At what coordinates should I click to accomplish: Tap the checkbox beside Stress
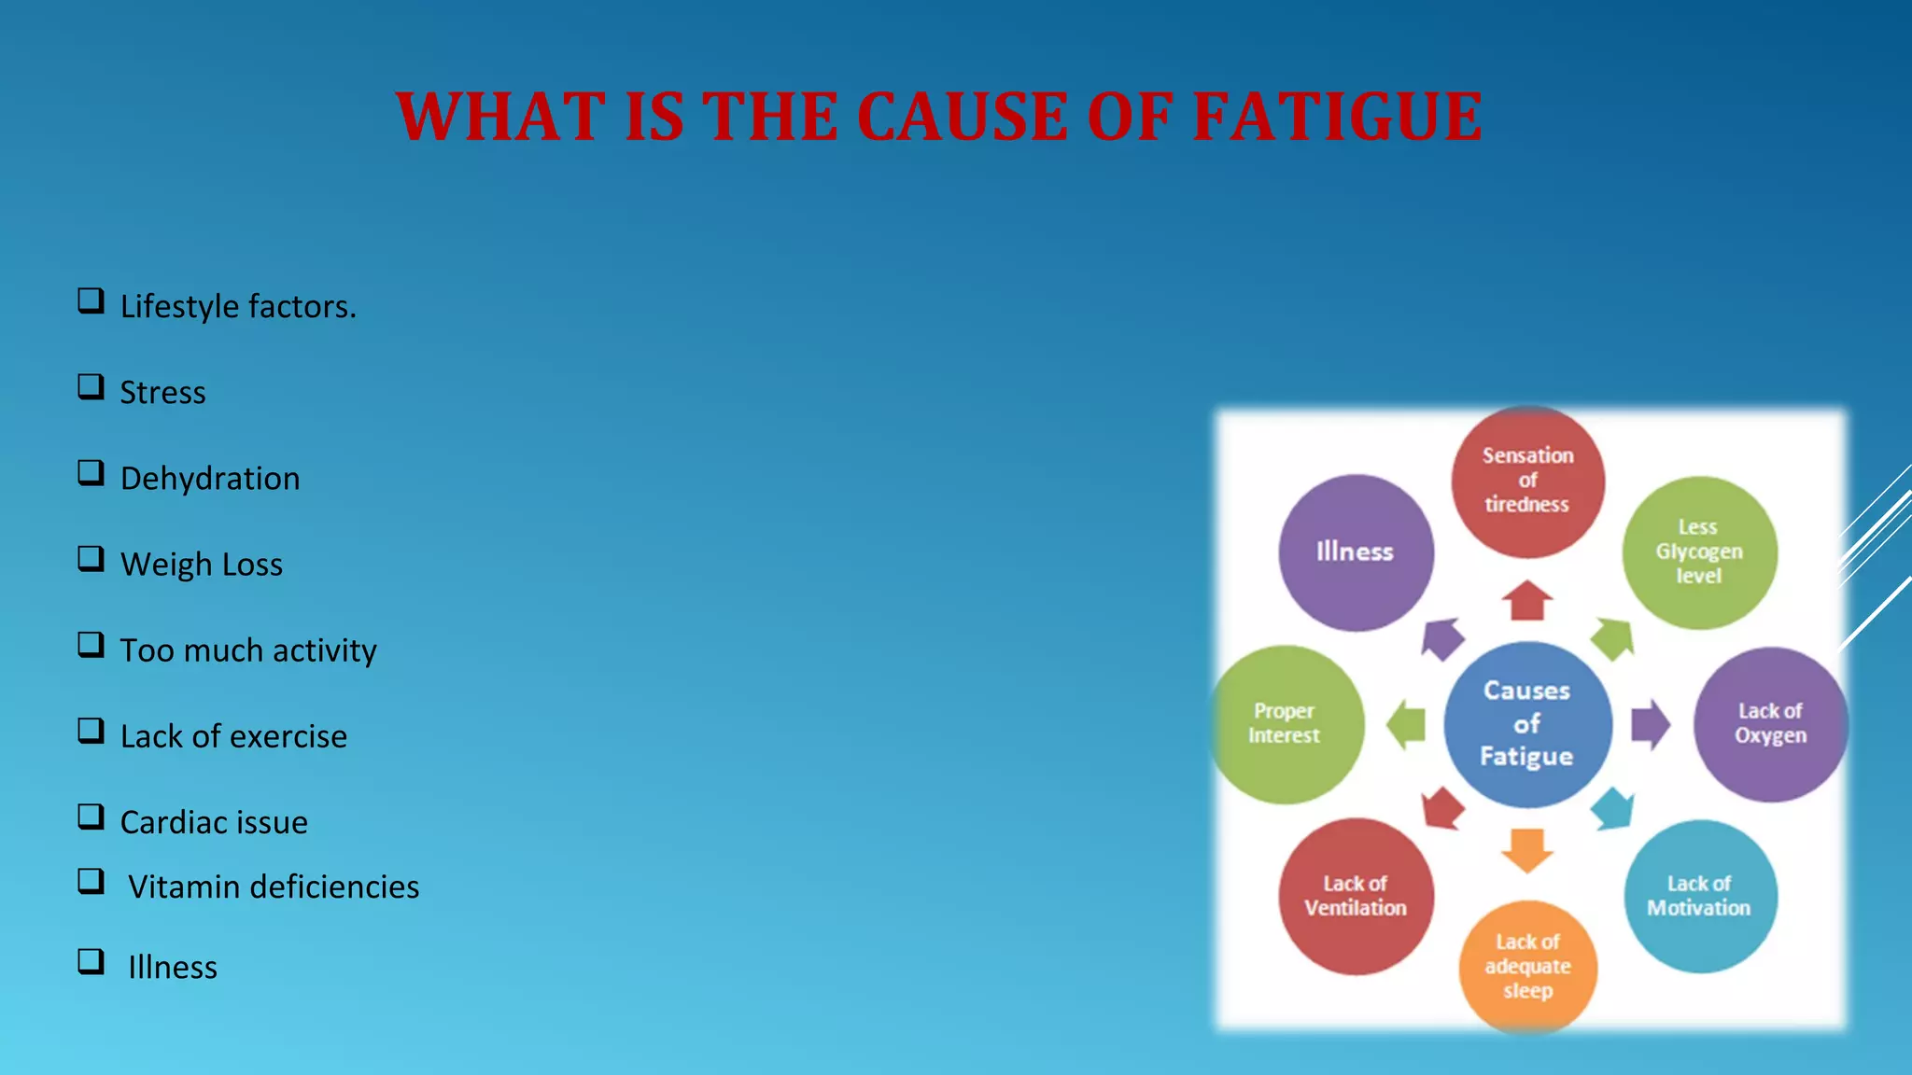pos(91,386)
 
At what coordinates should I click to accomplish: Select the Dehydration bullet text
pos(210,478)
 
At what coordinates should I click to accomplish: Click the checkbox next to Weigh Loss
pos(91,558)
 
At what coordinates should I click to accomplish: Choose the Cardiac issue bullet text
pos(214,822)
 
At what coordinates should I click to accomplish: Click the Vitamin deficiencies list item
pos(273,887)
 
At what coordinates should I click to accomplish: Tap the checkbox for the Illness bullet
pos(91,961)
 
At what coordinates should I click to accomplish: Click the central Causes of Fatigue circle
pos(1527,723)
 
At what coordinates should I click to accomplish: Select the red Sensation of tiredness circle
pos(1527,481)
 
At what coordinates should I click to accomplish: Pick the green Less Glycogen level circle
pos(1699,552)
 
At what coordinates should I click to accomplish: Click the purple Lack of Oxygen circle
pos(1770,723)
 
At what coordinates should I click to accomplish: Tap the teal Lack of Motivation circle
pos(1699,896)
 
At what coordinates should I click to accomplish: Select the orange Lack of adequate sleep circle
pos(1527,966)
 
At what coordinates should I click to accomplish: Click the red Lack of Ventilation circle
pos(1356,896)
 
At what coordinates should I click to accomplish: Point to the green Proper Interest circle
pos(1286,723)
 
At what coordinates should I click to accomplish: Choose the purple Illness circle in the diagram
pos(1356,552)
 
